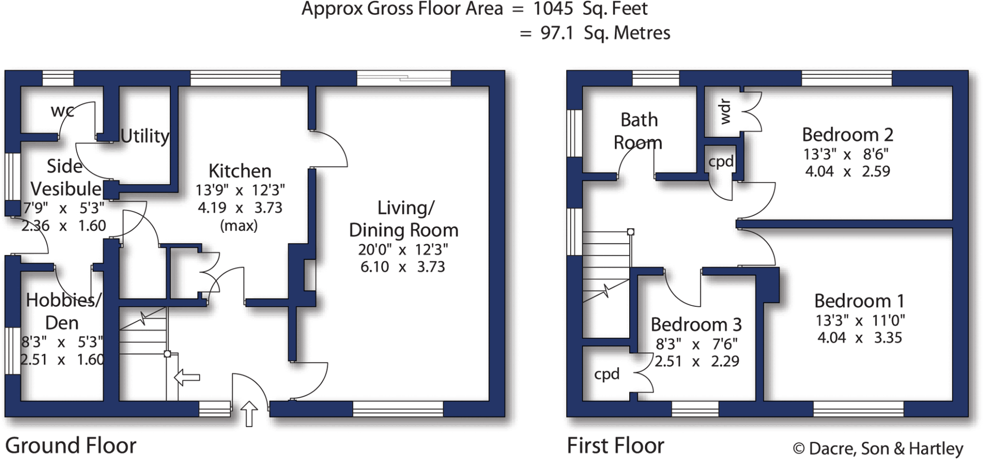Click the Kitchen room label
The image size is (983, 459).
coord(240,171)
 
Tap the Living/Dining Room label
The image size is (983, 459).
coord(404,219)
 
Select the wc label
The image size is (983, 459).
coord(62,111)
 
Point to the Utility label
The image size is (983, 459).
coord(144,136)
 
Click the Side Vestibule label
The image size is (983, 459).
coord(66,178)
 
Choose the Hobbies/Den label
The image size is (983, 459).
coord(63,311)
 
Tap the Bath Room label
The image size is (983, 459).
coord(638,131)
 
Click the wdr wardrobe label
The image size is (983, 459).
coord(725,112)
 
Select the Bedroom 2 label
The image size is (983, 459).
coord(848,134)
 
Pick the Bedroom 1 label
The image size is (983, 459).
coord(859,301)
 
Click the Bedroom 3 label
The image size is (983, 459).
coord(696,325)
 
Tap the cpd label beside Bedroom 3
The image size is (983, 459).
coord(607,374)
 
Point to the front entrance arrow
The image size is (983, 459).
coord(249,413)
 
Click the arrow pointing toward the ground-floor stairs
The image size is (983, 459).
coord(187,378)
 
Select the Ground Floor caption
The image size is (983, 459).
coord(71,446)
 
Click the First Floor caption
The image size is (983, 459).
coord(615,446)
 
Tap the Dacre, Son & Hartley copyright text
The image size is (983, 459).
coord(878,448)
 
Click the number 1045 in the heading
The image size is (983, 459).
coord(553,9)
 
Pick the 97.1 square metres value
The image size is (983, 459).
coord(557,33)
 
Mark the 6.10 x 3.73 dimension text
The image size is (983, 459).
coord(403,267)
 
